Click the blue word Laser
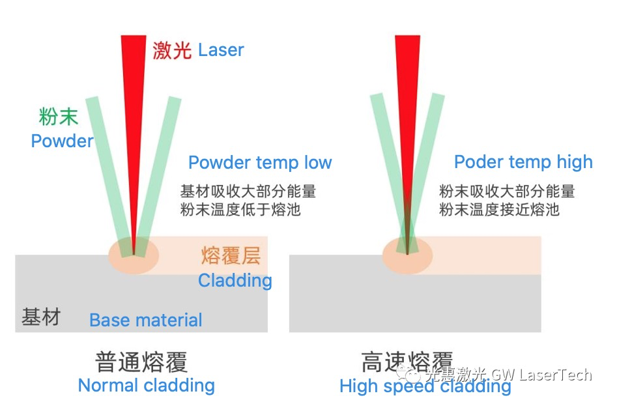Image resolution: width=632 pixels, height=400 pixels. pos(221,50)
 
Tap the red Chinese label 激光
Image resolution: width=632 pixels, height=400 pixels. pos(172,51)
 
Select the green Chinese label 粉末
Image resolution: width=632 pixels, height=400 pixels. pos(59,117)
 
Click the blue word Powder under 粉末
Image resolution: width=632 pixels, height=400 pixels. pos(62,141)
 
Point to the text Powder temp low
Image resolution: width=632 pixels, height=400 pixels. pos(260,163)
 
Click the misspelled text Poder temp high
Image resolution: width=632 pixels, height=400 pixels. pos(523,162)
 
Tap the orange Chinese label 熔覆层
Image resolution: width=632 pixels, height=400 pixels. pos(231,256)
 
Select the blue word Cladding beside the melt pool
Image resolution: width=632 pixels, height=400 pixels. pos(235,280)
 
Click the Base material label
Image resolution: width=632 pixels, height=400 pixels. pos(145,321)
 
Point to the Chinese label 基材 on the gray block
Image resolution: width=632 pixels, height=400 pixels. pos(41,317)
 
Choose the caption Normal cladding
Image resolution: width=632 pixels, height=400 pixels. pos(147,386)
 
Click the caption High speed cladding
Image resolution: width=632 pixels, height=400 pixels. pos(425,386)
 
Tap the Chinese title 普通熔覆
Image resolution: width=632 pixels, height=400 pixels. pos(141,362)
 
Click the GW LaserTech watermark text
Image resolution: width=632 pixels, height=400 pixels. pos(541,375)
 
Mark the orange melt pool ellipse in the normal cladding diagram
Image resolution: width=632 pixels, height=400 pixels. pos(134,255)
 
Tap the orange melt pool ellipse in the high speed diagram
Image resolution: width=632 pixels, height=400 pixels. pos(407,255)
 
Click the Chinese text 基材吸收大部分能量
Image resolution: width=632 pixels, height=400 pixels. pos(248,192)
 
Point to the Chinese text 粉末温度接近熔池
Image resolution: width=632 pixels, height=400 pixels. pos(499,210)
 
